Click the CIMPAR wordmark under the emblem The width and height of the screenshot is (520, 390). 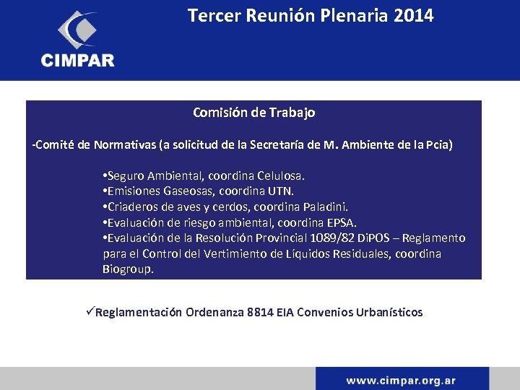pyautogui.click(x=77, y=61)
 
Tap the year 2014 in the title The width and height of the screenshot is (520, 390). pyautogui.click(x=415, y=15)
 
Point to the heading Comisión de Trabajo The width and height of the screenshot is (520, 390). pyautogui.click(x=253, y=113)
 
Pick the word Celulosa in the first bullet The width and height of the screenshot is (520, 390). pyautogui.click(x=282, y=175)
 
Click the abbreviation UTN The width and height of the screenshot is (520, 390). pyautogui.click(x=282, y=191)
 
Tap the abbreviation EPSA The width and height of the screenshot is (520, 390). pyautogui.click(x=342, y=222)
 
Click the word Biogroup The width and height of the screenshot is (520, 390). pyautogui.click(x=128, y=269)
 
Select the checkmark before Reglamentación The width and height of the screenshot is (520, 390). pyautogui.click(x=90, y=312)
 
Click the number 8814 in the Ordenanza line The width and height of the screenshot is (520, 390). pyautogui.click(x=260, y=313)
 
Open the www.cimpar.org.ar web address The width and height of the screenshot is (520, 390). pyautogui.click(x=401, y=380)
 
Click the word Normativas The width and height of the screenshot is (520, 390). pyautogui.click(x=119, y=145)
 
